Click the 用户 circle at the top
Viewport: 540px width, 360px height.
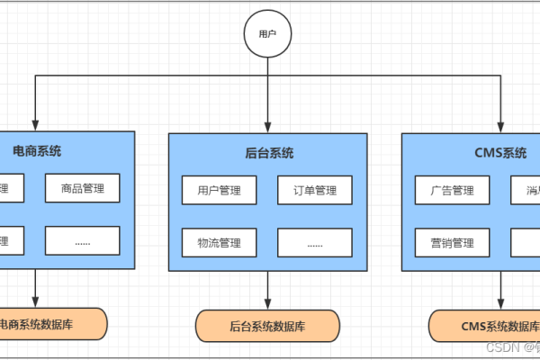tap(267, 34)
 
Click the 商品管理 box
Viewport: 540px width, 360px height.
tap(83, 189)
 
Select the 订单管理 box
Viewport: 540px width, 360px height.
tap(314, 190)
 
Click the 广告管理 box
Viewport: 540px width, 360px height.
tap(452, 190)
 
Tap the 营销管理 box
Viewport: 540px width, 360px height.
tap(452, 242)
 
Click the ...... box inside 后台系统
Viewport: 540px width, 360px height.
tap(314, 242)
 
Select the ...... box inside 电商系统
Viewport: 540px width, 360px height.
tap(83, 240)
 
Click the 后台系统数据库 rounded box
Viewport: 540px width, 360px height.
tap(267, 325)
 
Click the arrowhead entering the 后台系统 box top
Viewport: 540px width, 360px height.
tap(267, 127)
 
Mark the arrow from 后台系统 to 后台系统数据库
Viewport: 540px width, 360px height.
tap(267, 290)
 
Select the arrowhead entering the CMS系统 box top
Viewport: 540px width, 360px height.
tap(499, 127)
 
